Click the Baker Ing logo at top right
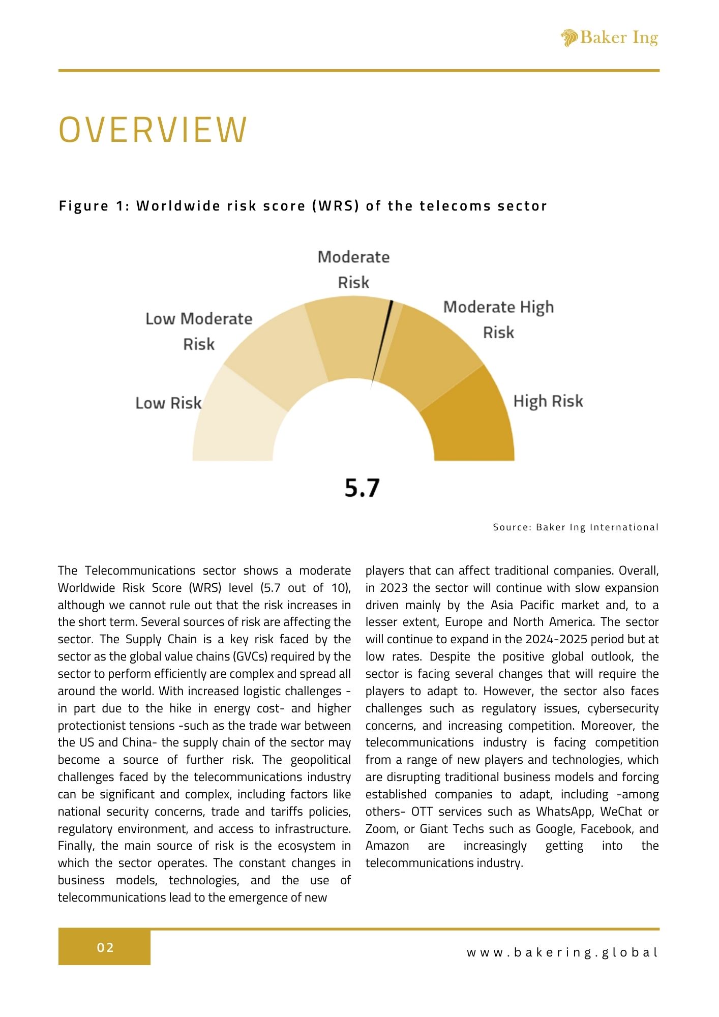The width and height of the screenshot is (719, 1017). pos(609,38)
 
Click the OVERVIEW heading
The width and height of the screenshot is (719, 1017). pos(153,130)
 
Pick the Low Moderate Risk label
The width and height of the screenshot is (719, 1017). pos(199,331)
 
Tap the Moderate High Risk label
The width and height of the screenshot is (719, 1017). pos(498,319)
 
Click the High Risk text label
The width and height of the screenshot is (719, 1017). pos(548,401)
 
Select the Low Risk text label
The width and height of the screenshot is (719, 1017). pos(168,403)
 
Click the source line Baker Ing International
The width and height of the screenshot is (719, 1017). pos(576,527)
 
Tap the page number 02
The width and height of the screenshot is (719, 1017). pos(105,947)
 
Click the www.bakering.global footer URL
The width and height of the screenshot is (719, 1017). pos(562,952)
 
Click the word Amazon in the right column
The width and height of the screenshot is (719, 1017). pos(387,846)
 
